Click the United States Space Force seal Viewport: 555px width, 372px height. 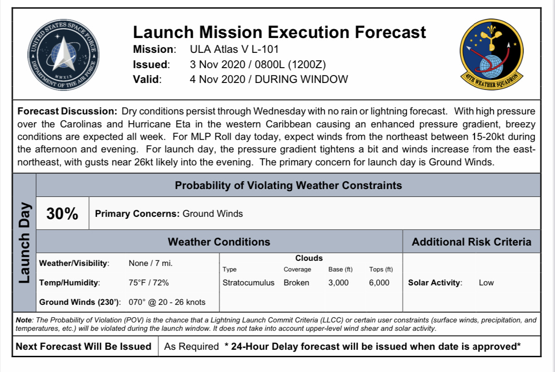tap(63, 55)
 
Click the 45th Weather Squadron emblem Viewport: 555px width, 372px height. tap(492, 54)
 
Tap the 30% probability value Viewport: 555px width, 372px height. tap(62, 214)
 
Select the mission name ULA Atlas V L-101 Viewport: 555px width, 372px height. tap(234, 49)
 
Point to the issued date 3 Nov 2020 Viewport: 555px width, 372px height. tap(217, 64)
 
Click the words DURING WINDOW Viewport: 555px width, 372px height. tap(301, 79)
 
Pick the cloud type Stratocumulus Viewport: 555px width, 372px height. tap(248, 283)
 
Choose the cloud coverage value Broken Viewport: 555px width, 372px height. tap(296, 283)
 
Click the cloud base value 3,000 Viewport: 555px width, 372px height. tap(338, 283)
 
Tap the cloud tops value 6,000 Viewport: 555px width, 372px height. tap(379, 283)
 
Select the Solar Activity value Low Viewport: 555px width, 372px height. tap(486, 283)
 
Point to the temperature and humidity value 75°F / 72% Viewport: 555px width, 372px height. tap(149, 283)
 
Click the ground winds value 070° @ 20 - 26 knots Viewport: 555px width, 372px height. tap(167, 302)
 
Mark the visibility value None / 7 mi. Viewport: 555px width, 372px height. tap(151, 263)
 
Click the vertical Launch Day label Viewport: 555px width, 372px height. tap(24, 243)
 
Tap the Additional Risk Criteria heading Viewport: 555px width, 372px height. tap(472, 242)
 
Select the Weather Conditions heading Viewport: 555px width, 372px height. tap(219, 242)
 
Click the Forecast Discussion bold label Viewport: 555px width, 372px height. tap(67, 111)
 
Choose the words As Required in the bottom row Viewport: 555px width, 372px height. tap(191, 346)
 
